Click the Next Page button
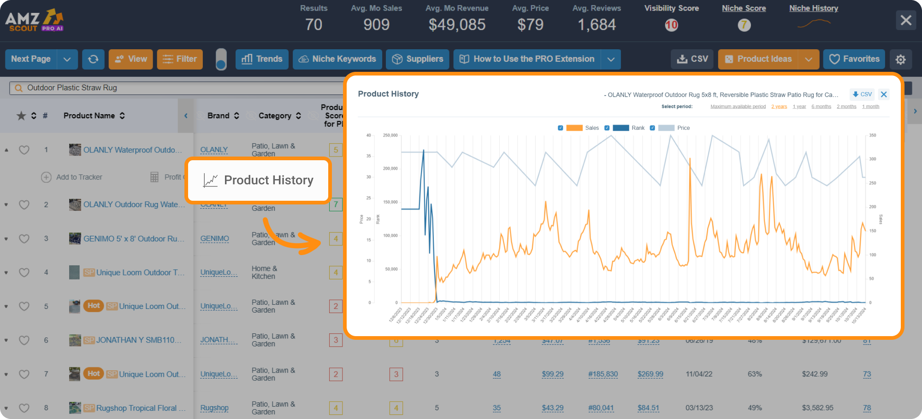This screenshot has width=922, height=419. (x=31, y=59)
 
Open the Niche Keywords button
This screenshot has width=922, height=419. (x=337, y=59)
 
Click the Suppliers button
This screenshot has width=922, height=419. (x=417, y=59)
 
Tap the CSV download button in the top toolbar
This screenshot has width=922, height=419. (x=692, y=59)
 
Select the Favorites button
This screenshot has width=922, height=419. (x=854, y=59)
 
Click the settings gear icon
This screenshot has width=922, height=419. (x=900, y=59)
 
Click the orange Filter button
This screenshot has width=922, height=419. (x=180, y=59)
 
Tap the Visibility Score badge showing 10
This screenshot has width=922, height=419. (x=671, y=25)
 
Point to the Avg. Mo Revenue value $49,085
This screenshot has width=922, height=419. (x=457, y=25)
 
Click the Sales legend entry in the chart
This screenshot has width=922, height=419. (x=591, y=128)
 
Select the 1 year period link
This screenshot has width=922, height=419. (x=799, y=107)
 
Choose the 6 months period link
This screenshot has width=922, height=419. (x=821, y=107)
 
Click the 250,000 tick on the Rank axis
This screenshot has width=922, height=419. (x=390, y=135)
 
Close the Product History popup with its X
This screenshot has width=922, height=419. (x=883, y=94)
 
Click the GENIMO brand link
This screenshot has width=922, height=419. (x=214, y=239)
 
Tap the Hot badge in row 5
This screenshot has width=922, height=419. (x=94, y=306)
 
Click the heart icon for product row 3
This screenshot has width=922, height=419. (x=24, y=239)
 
